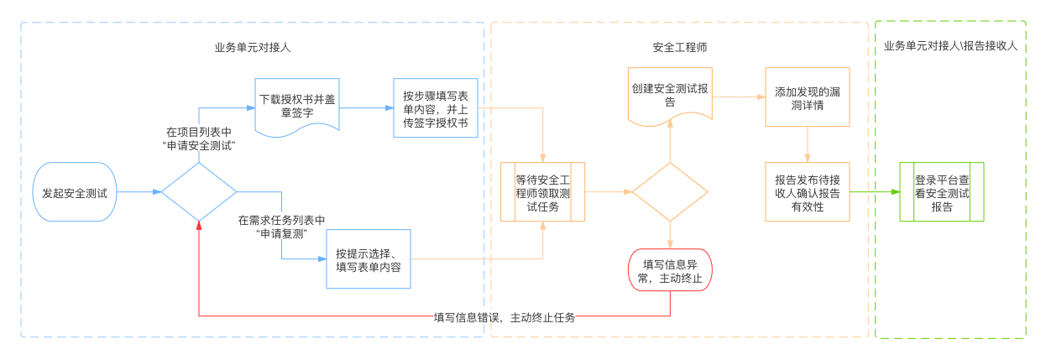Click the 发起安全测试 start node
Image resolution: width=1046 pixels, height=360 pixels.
point(75,192)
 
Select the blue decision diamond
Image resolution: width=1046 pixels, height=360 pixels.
point(198,192)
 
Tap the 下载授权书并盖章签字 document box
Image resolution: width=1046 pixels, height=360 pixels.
point(297,104)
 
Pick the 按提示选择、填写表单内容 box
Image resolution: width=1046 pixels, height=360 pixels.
point(368,259)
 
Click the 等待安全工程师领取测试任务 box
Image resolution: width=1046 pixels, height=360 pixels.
point(542,192)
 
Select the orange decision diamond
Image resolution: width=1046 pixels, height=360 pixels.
point(670,192)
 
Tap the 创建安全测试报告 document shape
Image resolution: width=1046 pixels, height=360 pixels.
point(670,96)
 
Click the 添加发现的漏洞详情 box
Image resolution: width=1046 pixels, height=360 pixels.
point(807,97)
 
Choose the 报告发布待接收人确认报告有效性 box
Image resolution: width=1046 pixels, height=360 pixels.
point(807,192)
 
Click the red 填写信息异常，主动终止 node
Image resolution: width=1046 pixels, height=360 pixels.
point(670,270)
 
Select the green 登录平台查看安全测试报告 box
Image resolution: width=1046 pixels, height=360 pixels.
point(941,192)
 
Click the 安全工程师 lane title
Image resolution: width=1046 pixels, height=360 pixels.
point(679,48)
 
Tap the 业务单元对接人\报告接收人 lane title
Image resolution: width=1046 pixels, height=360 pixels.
point(950,46)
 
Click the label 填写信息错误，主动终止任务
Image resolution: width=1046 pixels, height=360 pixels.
point(505,317)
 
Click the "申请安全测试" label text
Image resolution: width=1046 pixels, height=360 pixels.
point(198,145)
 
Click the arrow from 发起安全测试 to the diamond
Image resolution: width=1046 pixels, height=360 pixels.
point(139,192)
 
